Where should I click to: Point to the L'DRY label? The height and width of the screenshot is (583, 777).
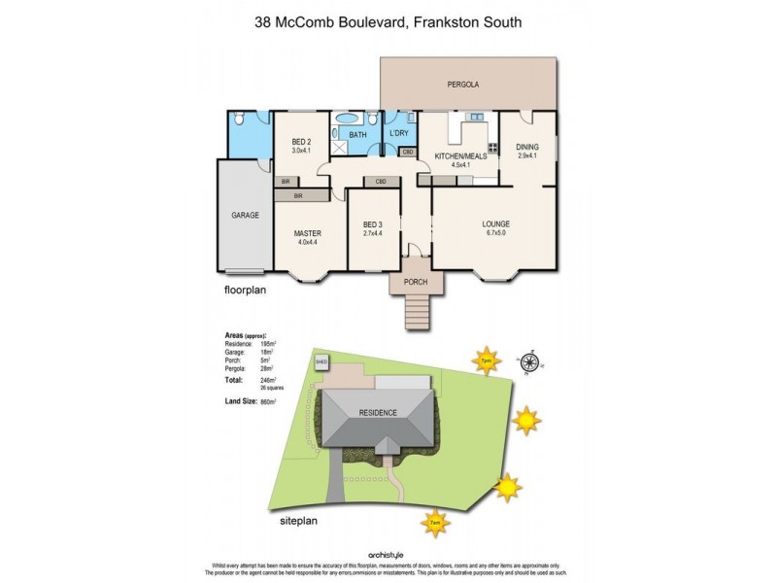[398, 133]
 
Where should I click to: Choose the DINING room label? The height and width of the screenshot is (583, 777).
[527, 148]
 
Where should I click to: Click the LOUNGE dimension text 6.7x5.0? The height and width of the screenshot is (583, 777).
[495, 233]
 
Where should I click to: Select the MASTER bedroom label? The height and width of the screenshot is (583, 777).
[307, 233]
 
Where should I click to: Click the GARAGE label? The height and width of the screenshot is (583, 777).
[245, 215]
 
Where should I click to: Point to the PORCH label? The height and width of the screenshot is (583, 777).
[416, 282]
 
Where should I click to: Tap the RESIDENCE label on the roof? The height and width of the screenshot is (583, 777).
[379, 413]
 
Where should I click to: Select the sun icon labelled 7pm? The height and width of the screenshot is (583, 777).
[485, 360]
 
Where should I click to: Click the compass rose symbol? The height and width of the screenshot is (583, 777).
[529, 361]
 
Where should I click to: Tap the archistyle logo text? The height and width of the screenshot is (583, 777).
[388, 554]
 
